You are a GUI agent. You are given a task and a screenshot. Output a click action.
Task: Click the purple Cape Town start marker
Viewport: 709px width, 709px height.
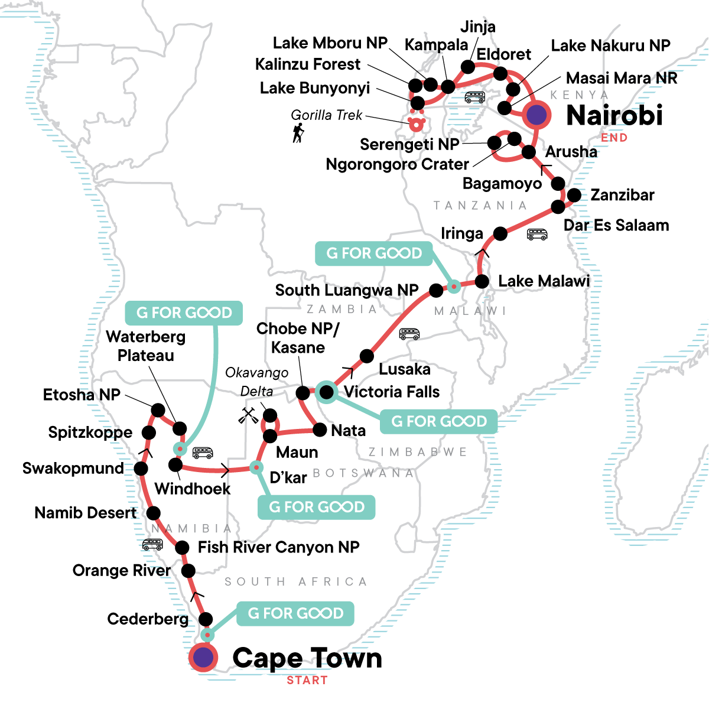pyautogui.click(x=203, y=657)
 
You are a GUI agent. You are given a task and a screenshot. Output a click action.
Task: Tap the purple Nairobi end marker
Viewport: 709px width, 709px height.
pyautogui.click(x=536, y=115)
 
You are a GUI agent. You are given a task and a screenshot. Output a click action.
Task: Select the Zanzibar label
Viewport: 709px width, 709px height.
pyautogui.click(x=622, y=195)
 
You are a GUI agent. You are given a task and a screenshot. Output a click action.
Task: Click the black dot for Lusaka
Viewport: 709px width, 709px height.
pyautogui.click(x=367, y=356)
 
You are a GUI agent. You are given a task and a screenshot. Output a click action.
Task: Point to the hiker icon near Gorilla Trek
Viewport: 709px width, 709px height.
pyautogui.click(x=298, y=133)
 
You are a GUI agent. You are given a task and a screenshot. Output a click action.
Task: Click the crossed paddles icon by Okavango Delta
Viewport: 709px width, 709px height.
pyautogui.click(x=248, y=415)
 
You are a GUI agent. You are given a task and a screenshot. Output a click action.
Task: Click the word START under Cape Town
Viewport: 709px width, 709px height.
pyautogui.click(x=307, y=680)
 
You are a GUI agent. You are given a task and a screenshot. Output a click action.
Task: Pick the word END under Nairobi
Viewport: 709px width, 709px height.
pyautogui.click(x=614, y=138)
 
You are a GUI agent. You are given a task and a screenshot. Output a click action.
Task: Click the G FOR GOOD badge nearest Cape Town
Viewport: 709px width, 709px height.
pyautogui.click(x=295, y=613)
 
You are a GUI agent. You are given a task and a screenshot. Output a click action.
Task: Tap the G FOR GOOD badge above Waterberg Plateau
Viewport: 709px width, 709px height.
pyautogui.click(x=184, y=313)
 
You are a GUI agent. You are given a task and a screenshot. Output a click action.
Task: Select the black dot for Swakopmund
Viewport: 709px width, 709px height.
pyautogui.click(x=141, y=469)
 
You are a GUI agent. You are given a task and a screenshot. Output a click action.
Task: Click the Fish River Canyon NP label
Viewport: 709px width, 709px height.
pyautogui.click(x=278, y=547)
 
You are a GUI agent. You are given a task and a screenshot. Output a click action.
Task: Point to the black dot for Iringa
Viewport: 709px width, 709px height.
pyautogui.click(x=500, y=233)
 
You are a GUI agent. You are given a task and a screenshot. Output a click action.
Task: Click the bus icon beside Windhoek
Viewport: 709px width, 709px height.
pyautogui.click(x=203, y=453)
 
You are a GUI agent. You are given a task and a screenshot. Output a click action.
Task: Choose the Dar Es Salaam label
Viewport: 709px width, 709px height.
pyautogui.click(x=616, y=225)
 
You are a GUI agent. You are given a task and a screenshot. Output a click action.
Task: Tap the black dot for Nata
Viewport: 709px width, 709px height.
pyautogui.click(x=320, y=430)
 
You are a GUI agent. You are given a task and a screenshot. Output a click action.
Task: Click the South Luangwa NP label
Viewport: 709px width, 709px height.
pyautogui.click(x=347, y=290)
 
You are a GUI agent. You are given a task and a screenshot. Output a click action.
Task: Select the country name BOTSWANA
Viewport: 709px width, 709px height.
pyautogui.click(x=363, y=473)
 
